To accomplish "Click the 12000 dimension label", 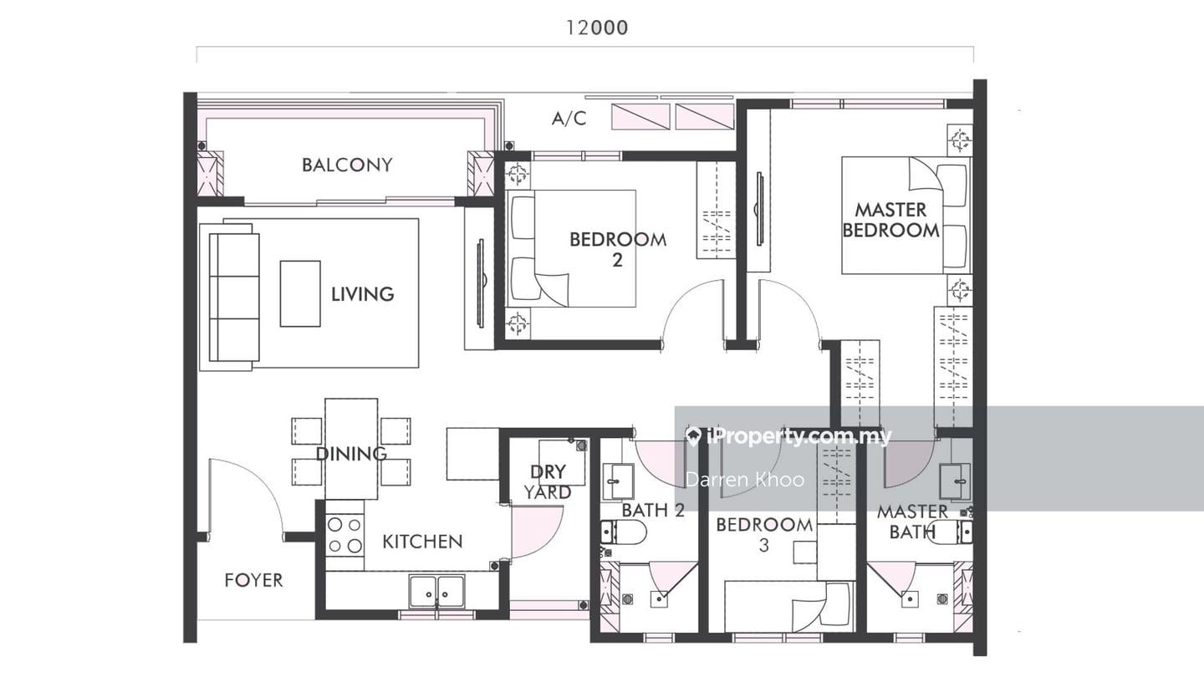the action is point(597,28).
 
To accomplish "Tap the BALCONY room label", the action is point(347,165).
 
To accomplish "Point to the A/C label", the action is point(569,118).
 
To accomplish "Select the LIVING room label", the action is point(362,294).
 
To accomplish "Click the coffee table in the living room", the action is point(300,293).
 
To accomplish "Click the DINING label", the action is point(351,454).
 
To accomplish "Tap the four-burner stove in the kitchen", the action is point(344,536).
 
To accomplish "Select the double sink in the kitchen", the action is point(437,591).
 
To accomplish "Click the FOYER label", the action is point(253,580).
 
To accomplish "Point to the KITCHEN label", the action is point(422,542).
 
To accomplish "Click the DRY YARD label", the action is point(548,482).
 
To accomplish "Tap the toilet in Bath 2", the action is point(624,532).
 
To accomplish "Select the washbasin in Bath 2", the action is point(618,481).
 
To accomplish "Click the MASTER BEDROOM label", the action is point(890,220).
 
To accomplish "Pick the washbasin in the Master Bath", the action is point(955,481).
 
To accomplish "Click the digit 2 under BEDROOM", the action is point(617,261).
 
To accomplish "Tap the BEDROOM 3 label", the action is point(764,535).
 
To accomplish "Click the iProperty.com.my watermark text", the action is point(788,437).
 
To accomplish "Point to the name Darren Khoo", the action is point(745,479).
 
